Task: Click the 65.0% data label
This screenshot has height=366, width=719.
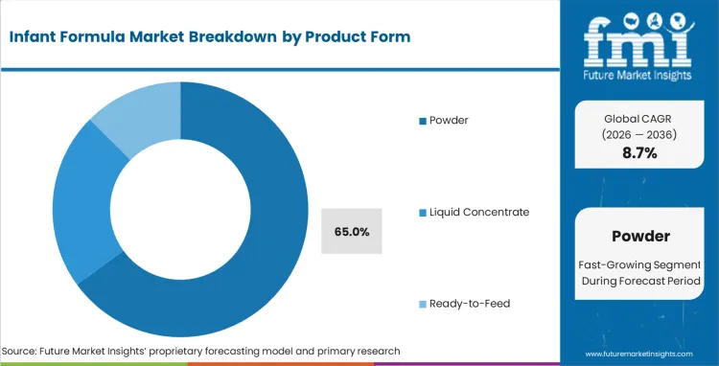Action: point(351,231)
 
